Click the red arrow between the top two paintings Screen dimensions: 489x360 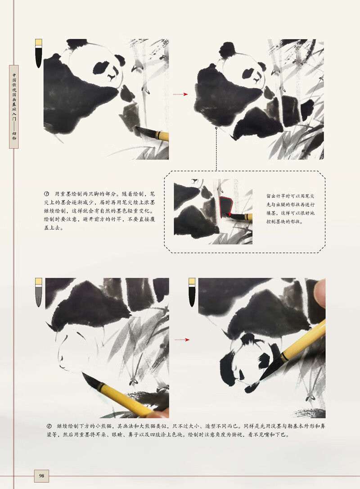180,94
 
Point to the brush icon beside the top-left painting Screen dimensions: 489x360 39,53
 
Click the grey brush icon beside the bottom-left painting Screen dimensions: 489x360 39,293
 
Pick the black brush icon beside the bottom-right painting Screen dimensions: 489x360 192,293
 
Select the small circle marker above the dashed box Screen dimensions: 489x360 216,128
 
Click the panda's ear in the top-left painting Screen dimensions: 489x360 120,60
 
